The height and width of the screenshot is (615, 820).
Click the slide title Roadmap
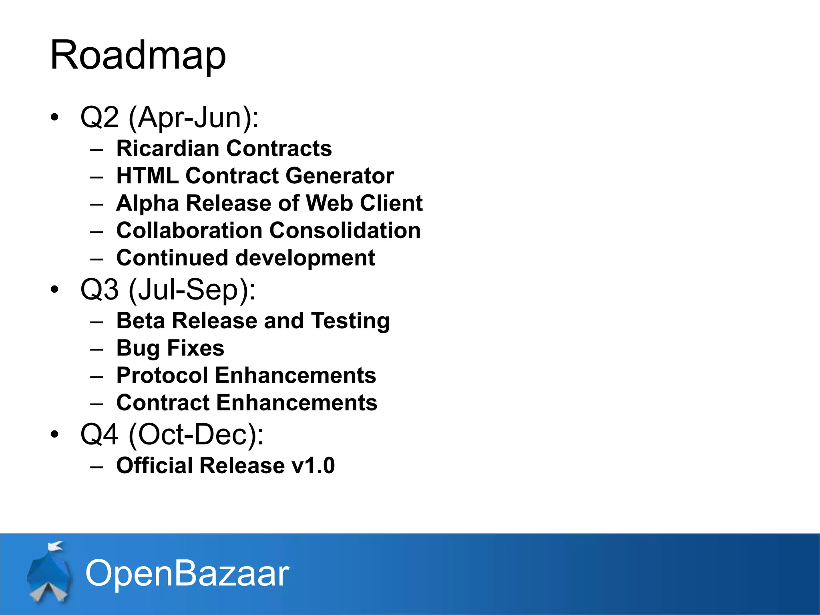138,55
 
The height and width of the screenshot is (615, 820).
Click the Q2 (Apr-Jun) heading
169,117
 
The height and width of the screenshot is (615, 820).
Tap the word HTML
147,176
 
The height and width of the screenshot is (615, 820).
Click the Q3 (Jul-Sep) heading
168,289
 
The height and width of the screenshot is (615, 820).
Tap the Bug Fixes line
170,348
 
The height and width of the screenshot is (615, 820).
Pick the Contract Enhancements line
247,403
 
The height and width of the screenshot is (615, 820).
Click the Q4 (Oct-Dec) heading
172,434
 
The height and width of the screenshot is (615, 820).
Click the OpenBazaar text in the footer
187,573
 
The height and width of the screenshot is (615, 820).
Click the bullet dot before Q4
55,434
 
